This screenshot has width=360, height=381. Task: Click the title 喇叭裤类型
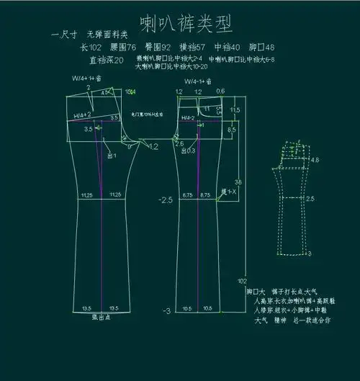click(x=186, y=24)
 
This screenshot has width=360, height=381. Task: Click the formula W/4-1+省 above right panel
click(x=197, y=82)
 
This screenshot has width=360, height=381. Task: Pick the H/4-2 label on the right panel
click(x=189, y=117)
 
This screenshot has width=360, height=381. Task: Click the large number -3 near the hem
click(x=166, y=310)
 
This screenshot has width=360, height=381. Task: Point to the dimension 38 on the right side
click(x=238, y=181)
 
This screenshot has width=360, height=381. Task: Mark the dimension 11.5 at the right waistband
click(x=235, y=109)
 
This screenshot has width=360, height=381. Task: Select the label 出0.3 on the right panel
click(x=189, y=151)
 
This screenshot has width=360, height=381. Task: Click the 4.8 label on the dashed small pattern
click(x=314, y=161)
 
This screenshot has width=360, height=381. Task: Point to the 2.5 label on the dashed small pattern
click(x=310, y=198)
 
